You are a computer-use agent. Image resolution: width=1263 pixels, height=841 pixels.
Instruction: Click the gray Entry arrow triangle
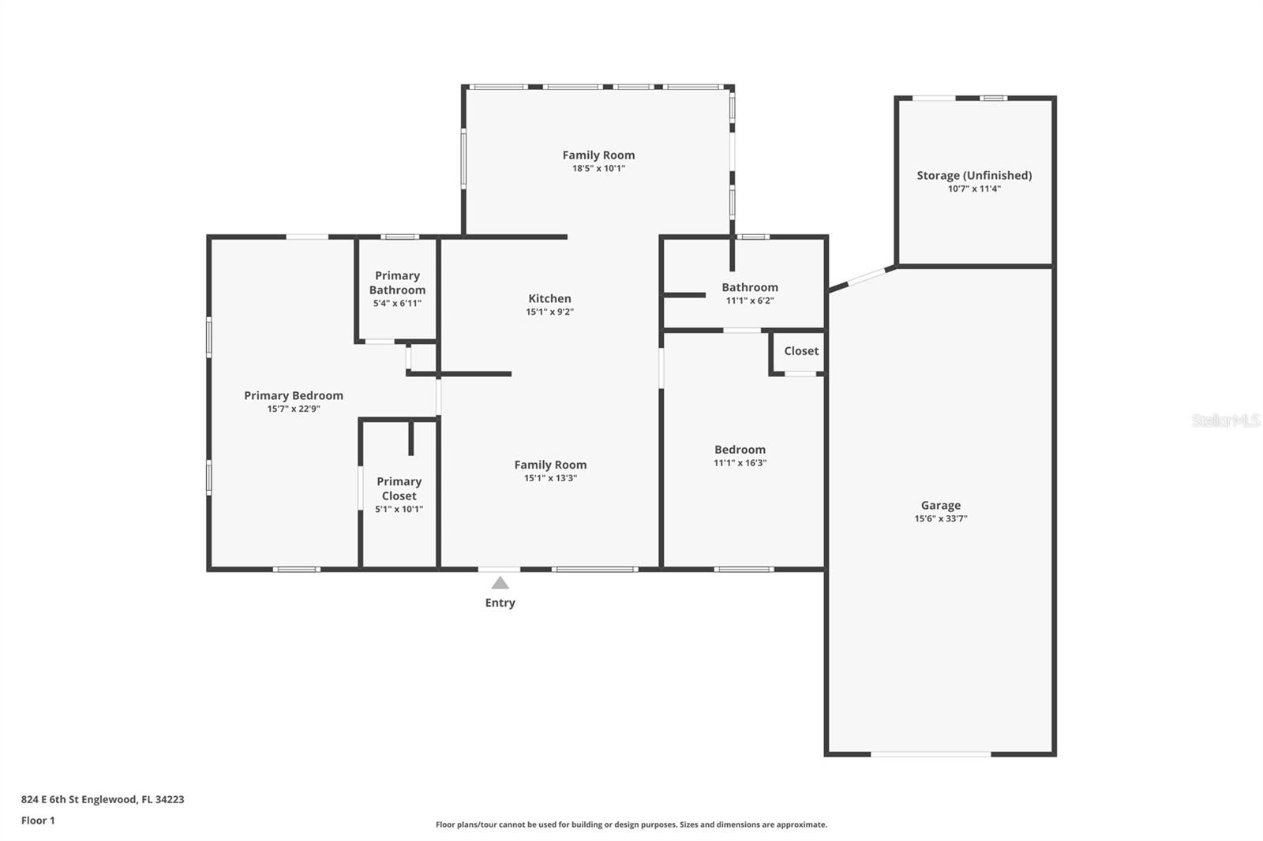click(x=500, y=584)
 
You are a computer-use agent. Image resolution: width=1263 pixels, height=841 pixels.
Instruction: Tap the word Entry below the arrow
click(x=500, y=603)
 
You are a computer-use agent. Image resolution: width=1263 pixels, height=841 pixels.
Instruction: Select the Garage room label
click(x=940, y=506)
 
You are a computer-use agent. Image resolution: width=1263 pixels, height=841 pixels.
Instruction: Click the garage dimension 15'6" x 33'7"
click(x=940, y=519)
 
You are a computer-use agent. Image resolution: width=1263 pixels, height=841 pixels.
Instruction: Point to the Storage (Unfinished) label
click(x=974, y=175)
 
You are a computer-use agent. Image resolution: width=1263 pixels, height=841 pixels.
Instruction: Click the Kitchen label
click(x=549, y=298)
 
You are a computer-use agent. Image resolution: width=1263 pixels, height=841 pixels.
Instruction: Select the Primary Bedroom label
click(x=294, y=395)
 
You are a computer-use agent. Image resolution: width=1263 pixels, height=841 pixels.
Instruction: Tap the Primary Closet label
click(x=399, y=488)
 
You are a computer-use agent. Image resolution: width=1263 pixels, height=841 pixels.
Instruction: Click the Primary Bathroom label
click(x=397, y=282)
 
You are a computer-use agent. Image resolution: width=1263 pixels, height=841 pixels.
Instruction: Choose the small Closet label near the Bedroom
click(x=800, y=351)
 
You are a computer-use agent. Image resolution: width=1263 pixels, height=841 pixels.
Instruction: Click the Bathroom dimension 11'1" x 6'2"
click(x=749, y=301)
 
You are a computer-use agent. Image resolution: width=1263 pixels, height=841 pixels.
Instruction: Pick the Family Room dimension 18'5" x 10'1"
click(x=598, y=169)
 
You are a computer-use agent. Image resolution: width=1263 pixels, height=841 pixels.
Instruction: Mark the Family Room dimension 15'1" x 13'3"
click(x=550, y=478)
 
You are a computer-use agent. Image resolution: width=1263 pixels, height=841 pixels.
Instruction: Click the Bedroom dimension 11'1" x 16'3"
click(x=740, y=463)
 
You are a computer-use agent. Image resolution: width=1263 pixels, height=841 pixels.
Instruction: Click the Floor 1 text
click(x=38, y=820)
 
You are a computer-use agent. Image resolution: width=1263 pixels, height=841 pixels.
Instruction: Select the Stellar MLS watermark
click(x=1225, y=420)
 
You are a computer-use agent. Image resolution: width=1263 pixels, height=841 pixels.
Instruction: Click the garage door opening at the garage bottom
click(x=931, y=754)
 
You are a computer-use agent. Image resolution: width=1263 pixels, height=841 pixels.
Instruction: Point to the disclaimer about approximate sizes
click(x=631, y=824)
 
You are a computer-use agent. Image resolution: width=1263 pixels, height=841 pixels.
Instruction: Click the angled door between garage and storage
click(x=862, y=278)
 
